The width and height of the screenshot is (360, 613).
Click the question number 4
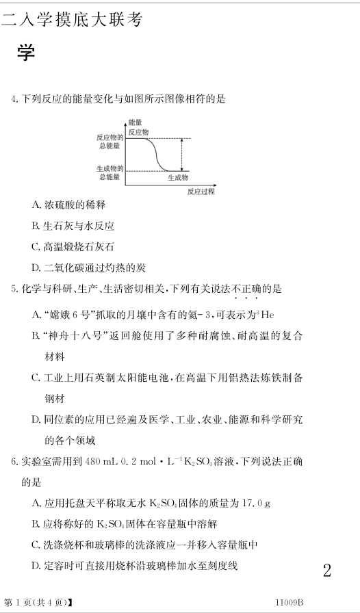pyautogui.click(x=15, y=100)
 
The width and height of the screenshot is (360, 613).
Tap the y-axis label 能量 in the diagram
pyautogui.click(x=135, y=122)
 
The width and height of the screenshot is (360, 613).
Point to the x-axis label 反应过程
pyautogui.click(x=201, y=192)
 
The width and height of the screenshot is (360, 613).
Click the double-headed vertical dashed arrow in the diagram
pyautogui.click(x=181, y=155)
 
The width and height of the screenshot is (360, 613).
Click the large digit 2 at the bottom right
pyautogui.click(x=326, y=571)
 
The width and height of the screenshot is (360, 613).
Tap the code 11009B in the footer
pyautogui.click(x=289, y=602)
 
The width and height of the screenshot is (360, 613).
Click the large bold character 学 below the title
pyautogui.click(x=26, y=53)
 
